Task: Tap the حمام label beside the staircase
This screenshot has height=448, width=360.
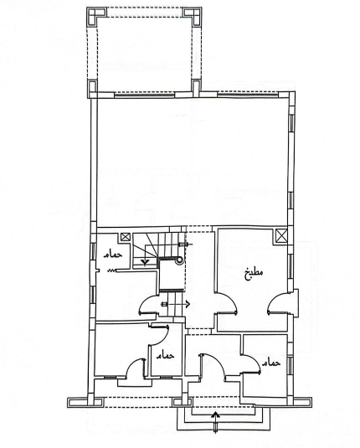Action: pos(113,255)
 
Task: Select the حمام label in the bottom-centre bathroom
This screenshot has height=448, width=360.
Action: pos(165,355)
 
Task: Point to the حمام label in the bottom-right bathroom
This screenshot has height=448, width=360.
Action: pos(271,363)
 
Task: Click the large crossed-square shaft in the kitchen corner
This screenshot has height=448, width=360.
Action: pos(280,236)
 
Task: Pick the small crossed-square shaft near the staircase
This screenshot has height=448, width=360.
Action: pos(126,237)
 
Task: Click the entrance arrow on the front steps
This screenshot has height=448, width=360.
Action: pos(216,421)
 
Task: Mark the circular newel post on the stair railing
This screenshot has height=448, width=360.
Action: pos(179,260)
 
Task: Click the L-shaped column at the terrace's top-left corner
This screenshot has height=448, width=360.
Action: pos(95,16)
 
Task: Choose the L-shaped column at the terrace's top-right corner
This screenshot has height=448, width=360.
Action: pos(193,16)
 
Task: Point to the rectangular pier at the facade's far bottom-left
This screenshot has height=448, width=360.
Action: pos(85,402)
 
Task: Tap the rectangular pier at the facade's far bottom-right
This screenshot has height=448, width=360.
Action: pos(302,402)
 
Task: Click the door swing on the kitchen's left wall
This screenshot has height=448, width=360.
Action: pos(227,303)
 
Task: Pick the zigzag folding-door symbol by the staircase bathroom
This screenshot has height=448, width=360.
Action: pos(112,270)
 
